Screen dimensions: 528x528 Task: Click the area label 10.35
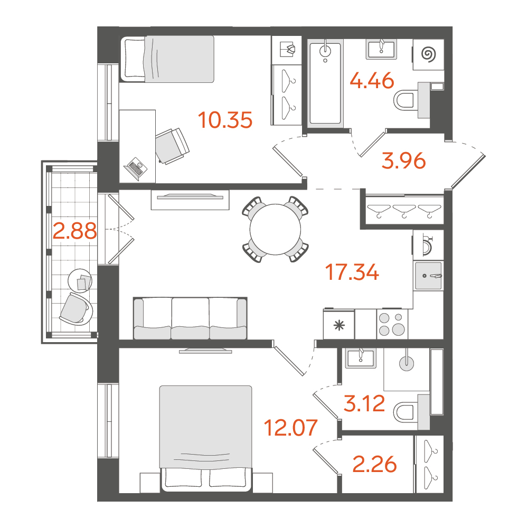[x=225, y=120]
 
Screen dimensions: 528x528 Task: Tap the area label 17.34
[x=352, y=272]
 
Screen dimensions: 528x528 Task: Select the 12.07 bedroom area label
[x=290, y=428]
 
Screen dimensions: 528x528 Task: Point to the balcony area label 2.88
[x=75, y=231]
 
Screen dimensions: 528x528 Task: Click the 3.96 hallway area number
[x=404, y=161]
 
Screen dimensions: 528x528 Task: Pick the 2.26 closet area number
[x=374, y=465]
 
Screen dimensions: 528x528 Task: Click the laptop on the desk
[x=136, y=168]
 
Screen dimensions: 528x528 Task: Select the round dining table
[x=275, y=229]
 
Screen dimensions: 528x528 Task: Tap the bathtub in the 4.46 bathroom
[x=325, y=83]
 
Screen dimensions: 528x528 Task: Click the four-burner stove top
[x=392, y=325]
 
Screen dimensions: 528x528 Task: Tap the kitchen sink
[x=428, y=276]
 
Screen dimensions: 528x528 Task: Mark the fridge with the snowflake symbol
[x=339, y=324]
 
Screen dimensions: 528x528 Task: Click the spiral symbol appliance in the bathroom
[x=428, y=55]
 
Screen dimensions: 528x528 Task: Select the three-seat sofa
[x=190, y=318]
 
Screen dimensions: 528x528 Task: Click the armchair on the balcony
[x=76, y=308]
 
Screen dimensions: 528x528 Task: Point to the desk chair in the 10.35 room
[x=172, y=146]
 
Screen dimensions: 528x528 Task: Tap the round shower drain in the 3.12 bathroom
[x=407, y=363]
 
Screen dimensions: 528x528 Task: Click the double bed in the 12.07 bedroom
[x=206, y=437]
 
